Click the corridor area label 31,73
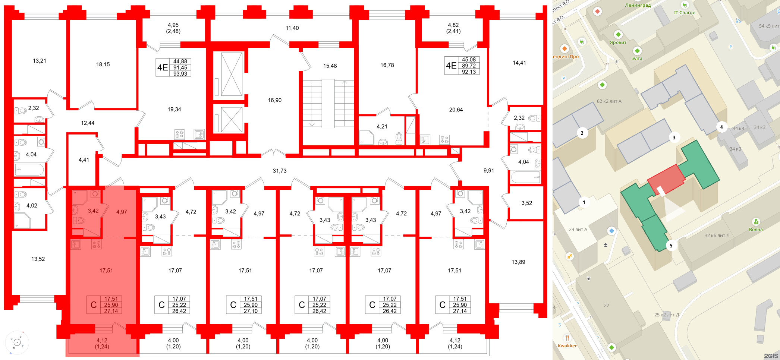click(280, 171)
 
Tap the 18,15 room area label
click(103, 64)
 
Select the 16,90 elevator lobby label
click(275, 100)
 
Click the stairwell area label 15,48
click(330, 66)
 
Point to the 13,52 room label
click(38, 259)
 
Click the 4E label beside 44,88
click(163, 67)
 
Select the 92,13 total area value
click(469, 72)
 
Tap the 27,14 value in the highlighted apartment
click(111, 311)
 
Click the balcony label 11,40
click(292, 28)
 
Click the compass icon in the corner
click(17, 342)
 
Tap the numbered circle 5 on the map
click(671, 246)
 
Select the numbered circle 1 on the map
click(584, 203)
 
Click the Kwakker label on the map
click(567, 346)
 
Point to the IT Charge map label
click(685, 13)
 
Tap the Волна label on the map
click(756, 230)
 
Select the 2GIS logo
click(771, 356)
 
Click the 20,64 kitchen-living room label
click(456, 110)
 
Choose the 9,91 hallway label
click(489, 171)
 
